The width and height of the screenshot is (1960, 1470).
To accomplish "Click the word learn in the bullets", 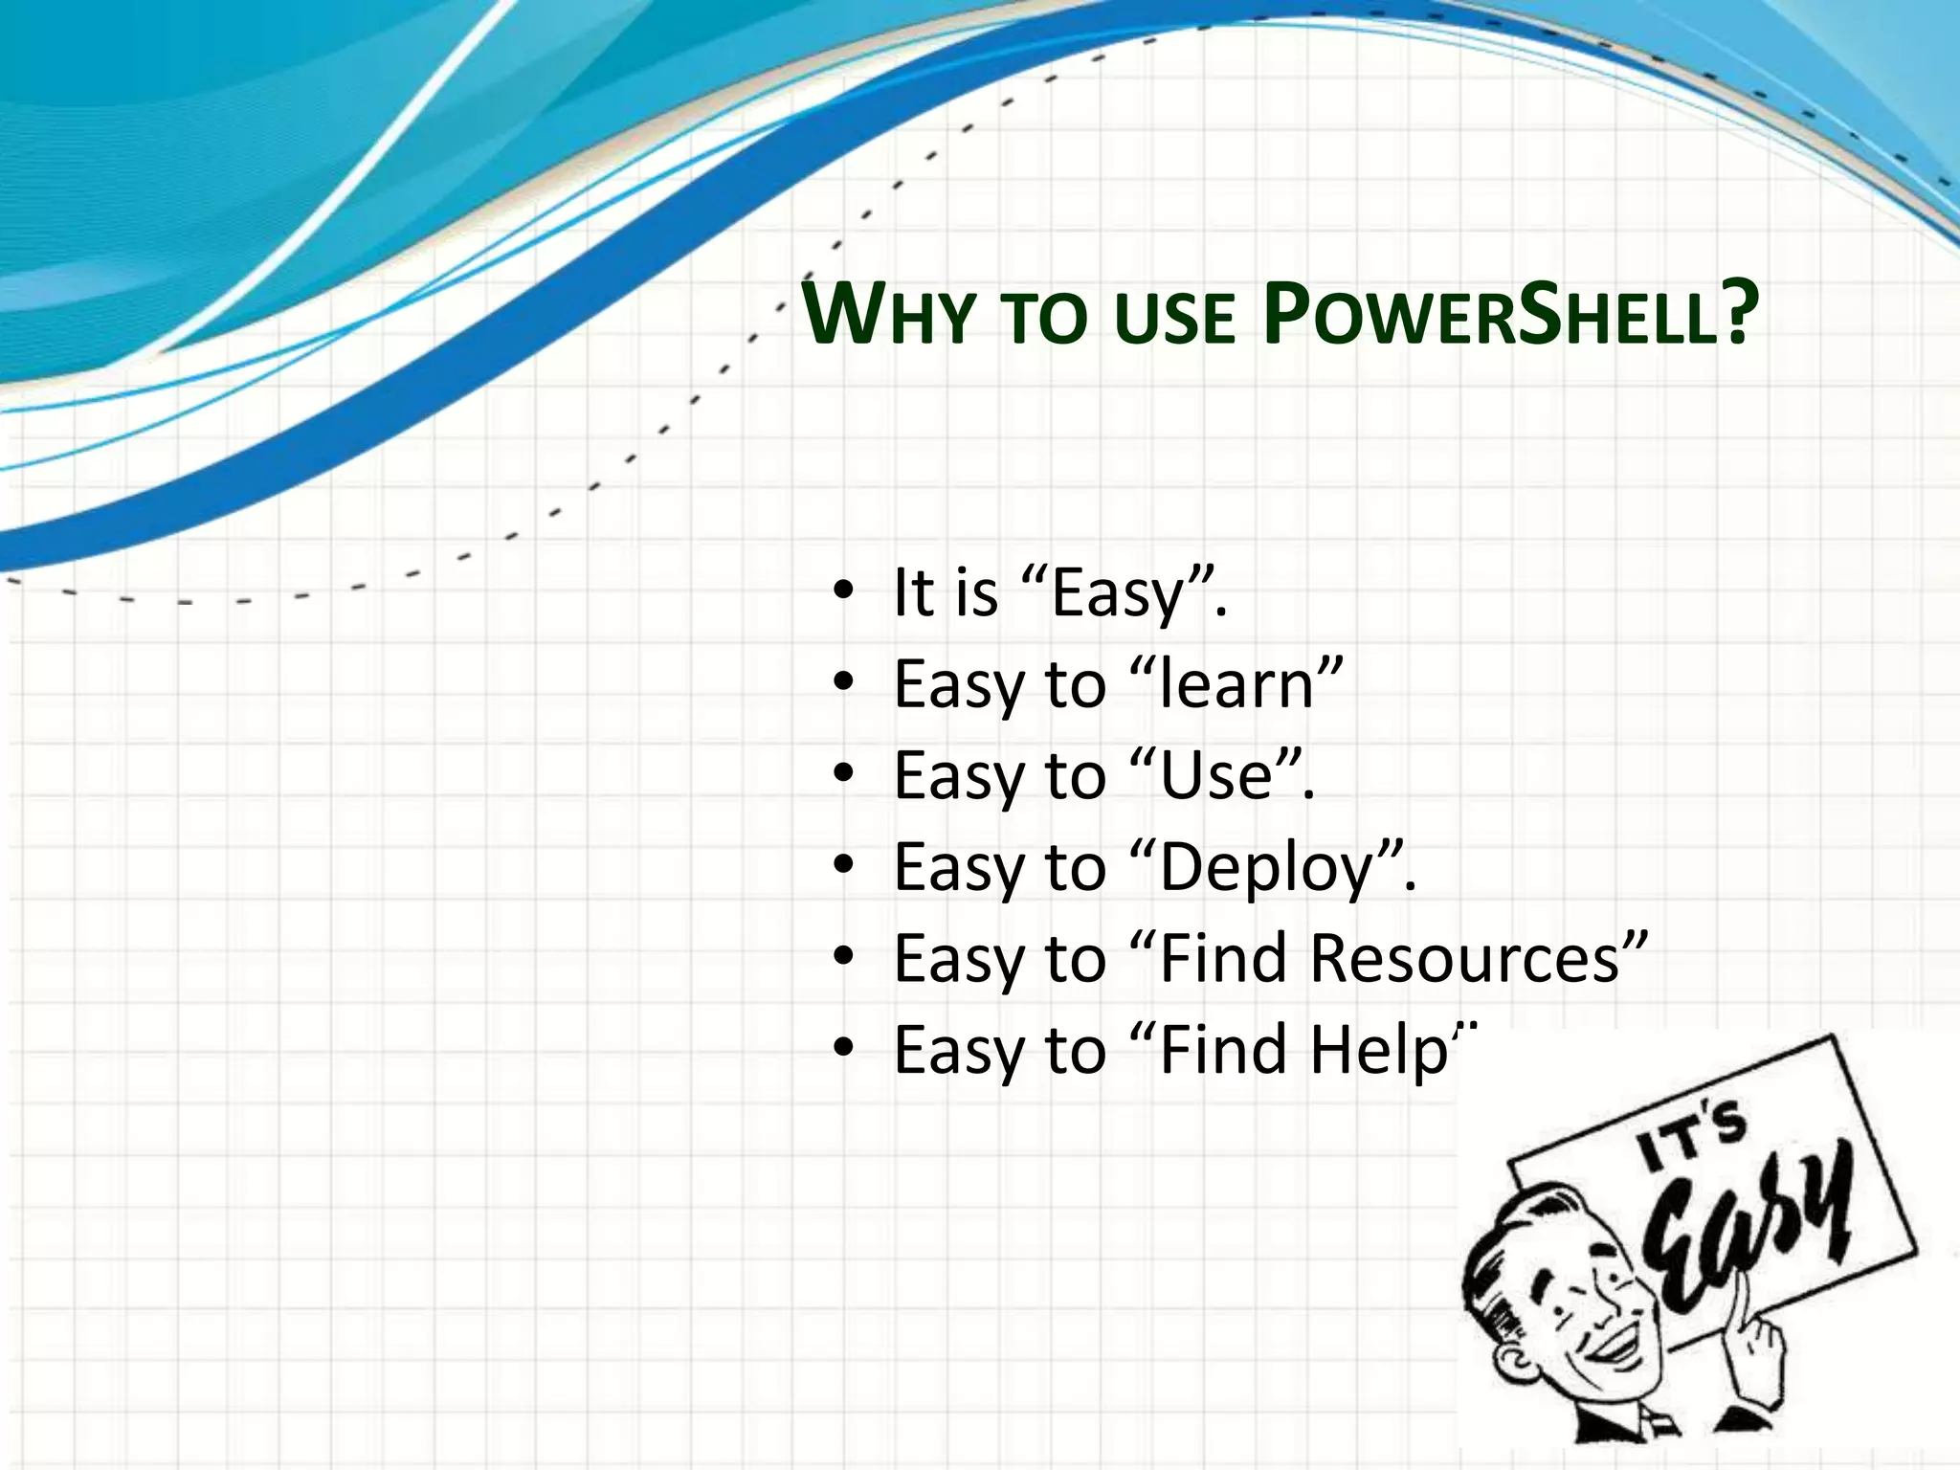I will (1236, 684).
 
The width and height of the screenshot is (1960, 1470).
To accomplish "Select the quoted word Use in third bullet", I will (1215, 775).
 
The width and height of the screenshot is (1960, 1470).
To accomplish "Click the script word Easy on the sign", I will (1751, 1235).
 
